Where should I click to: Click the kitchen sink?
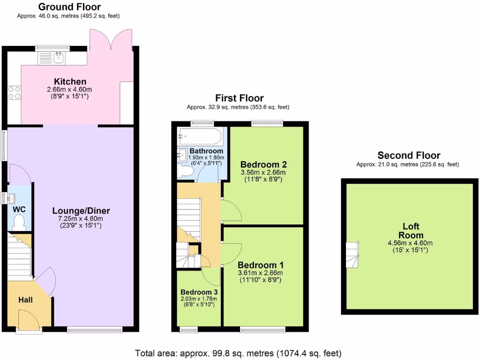tap(58, 58)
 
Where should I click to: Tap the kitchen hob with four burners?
tap(14, 93)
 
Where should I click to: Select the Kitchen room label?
tap(70, 82)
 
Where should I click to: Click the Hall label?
tap(25, 299)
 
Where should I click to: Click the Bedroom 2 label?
tap(263, 165)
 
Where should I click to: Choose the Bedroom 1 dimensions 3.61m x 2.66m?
tap(260, 273)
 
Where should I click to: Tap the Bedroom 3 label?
tap(198, 291)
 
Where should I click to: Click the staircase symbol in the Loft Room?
tap(352, 255)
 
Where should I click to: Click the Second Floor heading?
tap(409, 156)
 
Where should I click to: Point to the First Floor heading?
tap(239, 98)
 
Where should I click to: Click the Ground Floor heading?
tap(69, 7)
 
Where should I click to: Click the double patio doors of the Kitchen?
tap(111, 39)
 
